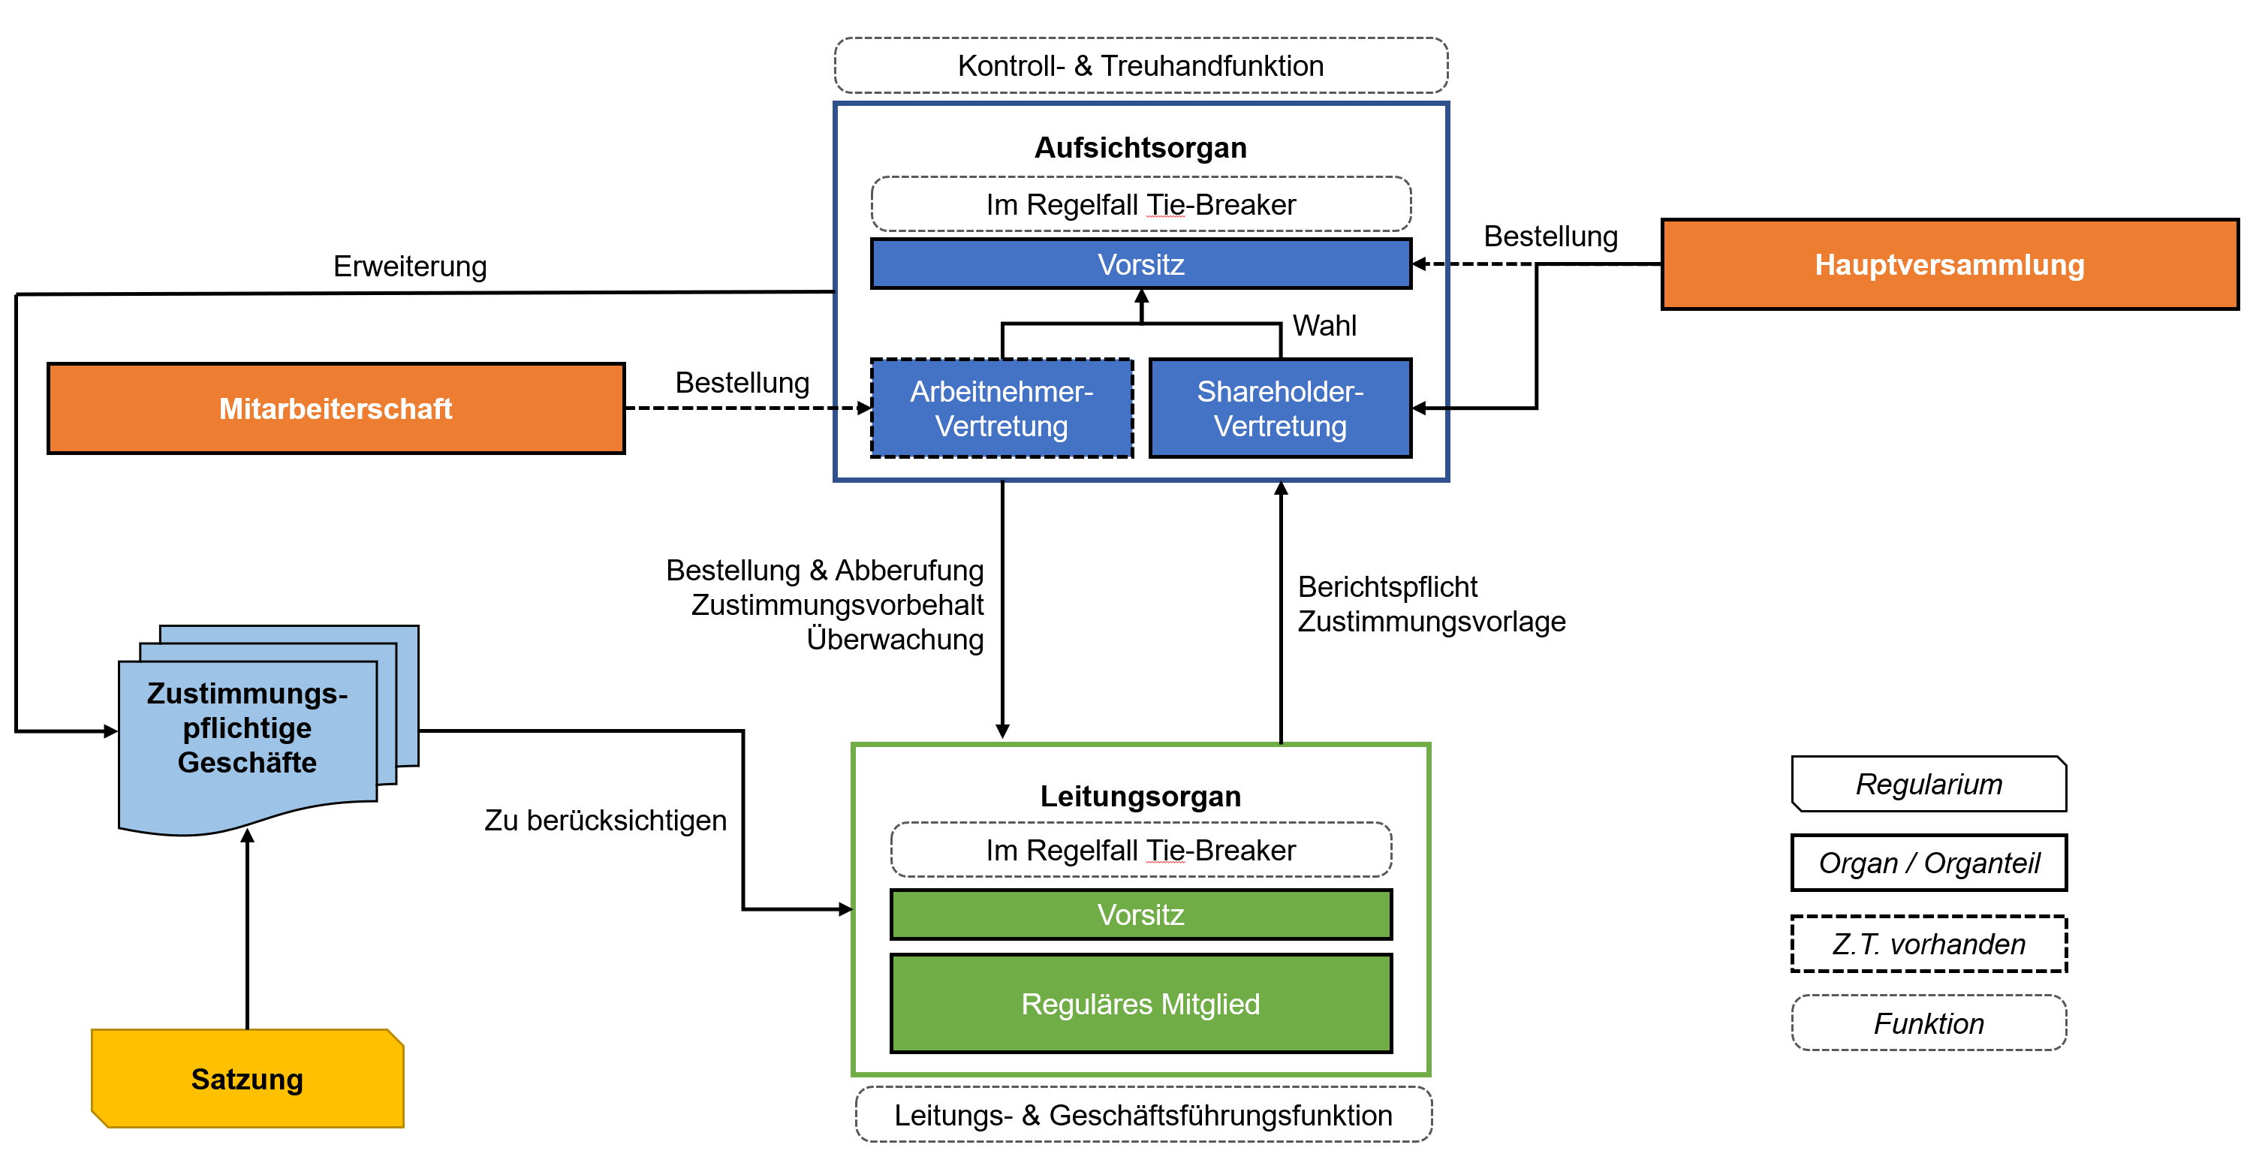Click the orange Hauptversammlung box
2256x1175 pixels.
1949,264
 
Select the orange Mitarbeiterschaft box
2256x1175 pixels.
336,409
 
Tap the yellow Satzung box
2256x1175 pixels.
247,1079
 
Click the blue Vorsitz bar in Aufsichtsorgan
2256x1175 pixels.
1140,264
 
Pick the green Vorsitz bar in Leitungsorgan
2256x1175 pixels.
1140,914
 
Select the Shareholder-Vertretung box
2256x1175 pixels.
1279,408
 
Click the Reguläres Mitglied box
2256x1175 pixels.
1140,1003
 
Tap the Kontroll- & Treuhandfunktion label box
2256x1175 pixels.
1140,65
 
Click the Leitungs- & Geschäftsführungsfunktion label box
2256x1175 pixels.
1143,1115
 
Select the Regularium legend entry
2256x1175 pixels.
1929,784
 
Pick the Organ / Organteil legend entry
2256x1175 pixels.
1929,863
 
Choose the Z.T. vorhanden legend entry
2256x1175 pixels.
1929,944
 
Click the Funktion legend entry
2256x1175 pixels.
1929,1023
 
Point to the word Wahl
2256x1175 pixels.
1324,326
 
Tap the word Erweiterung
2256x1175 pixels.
410,267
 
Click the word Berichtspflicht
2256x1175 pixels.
1387,586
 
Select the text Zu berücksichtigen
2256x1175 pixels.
605,821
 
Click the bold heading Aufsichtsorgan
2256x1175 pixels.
1140,148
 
